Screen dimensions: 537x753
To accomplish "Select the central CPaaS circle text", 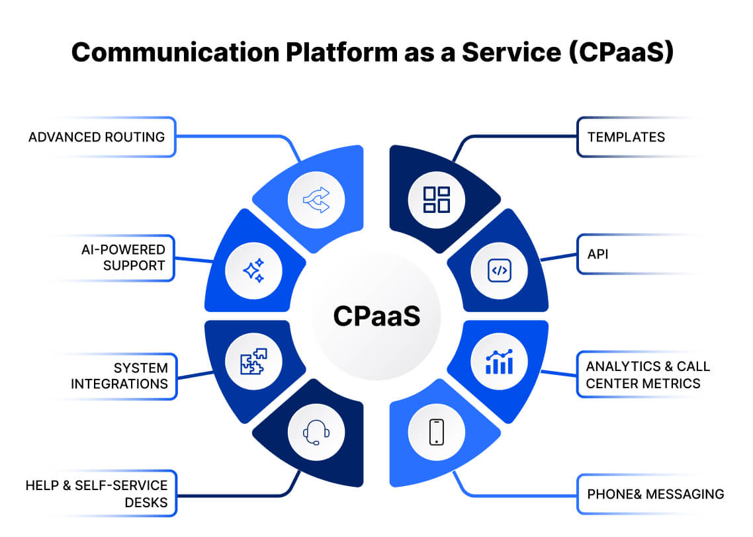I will point(377,315).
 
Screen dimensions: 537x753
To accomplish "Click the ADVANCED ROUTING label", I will point(97,138).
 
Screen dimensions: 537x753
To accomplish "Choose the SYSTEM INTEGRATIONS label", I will point(120,376).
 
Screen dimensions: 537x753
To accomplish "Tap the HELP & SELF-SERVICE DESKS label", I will point(97,494).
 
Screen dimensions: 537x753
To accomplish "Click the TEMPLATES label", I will point(626,138).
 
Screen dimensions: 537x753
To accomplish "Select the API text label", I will point(598,253).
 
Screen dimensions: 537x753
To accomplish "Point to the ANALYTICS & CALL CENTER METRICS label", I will point(648,374).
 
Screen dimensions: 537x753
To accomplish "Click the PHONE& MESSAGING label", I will point(655,494).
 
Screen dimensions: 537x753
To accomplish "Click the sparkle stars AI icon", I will point(253,271).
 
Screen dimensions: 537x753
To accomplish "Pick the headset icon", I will point(316,433).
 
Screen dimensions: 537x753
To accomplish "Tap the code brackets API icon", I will point(499,271).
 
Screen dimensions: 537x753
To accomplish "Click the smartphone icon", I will point(436,433).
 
